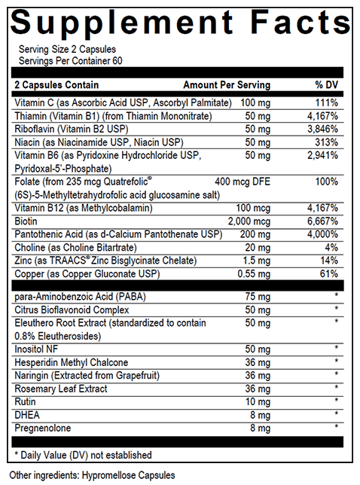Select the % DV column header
[328, 85]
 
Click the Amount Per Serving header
[224, 85]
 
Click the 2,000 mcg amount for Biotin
[249, 221]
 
